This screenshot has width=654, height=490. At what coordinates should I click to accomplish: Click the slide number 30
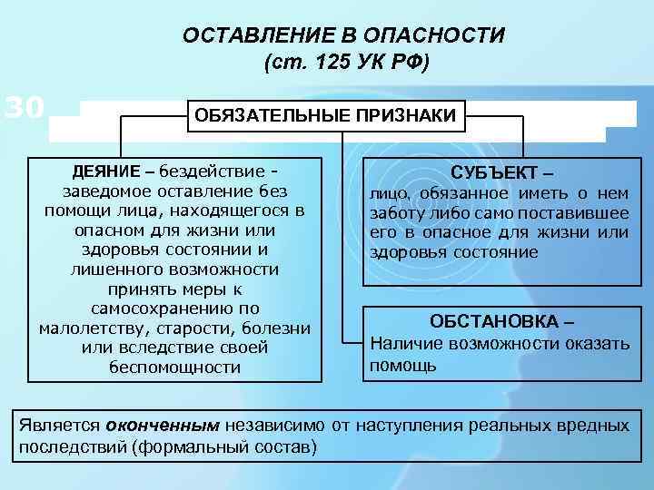25,109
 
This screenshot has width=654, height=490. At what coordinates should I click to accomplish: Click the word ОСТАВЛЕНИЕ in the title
250,36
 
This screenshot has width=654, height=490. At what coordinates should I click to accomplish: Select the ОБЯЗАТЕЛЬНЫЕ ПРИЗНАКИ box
326,116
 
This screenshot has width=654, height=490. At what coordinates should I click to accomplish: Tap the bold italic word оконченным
162,425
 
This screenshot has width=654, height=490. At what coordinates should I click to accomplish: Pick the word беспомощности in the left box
173,367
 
